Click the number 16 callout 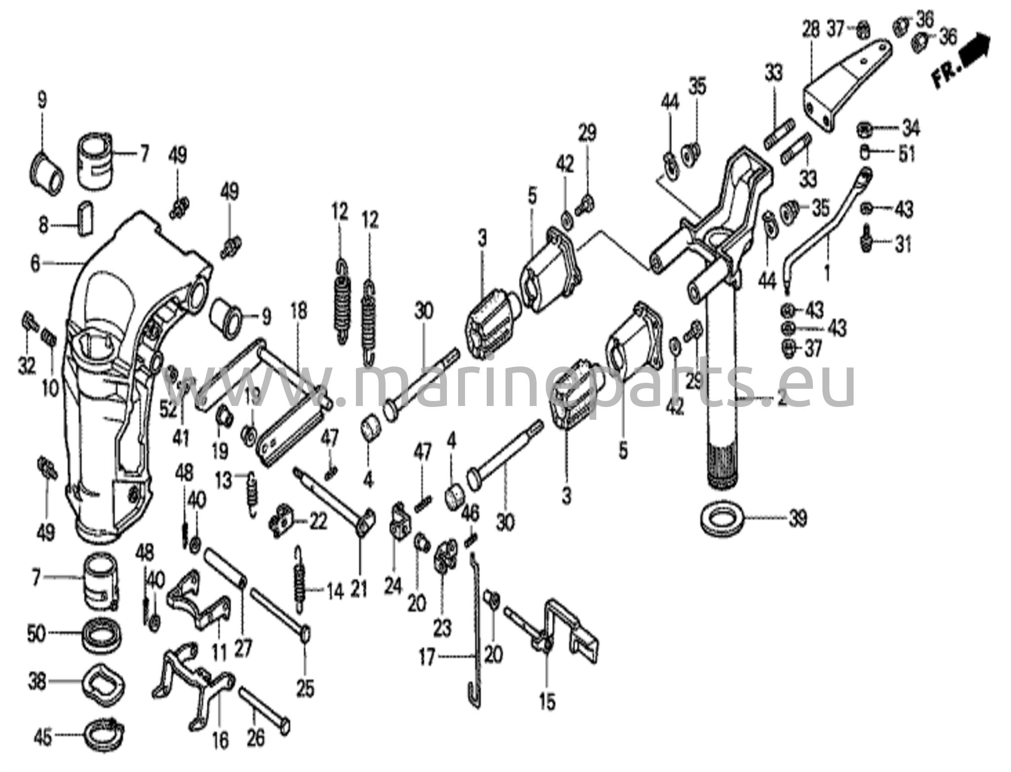pyautogui.click(x=221, y=740)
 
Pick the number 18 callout pyautogui.click(x=298, y=311)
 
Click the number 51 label pyautogui.click(x=906, y=154)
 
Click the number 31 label pyautogui.click(x=903, y=244)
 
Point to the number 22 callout pyautogui.click(x=316, y=521)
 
